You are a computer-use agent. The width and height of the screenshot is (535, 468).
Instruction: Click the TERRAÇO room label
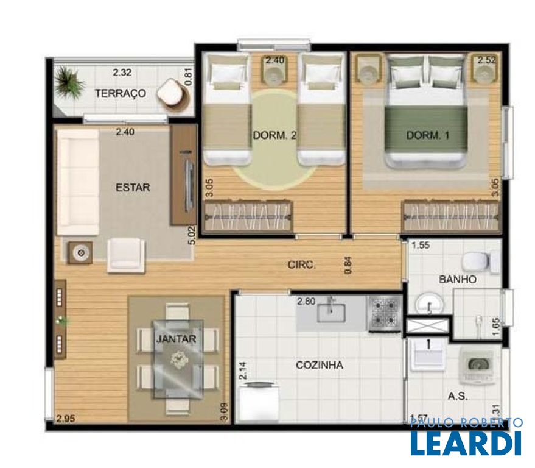(120, 93)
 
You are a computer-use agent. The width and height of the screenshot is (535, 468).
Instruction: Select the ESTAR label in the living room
(133, 187)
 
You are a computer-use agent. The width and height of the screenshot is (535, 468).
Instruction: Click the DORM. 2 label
(274, 135)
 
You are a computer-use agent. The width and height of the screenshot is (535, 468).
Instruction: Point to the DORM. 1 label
(428, 135)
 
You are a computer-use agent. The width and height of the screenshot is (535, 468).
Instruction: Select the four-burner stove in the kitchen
(385, 314)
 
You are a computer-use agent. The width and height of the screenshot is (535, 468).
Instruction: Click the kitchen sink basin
(330, 313)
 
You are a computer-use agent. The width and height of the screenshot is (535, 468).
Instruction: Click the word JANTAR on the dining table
(176, 339)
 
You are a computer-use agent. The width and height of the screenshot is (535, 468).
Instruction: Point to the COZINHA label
(320, 365)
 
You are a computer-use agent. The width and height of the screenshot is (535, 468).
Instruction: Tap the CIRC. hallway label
(302, 264)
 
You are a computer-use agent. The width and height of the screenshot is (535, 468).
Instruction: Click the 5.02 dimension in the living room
(192, 236)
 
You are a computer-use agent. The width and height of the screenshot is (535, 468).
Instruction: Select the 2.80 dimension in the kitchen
(306, 302)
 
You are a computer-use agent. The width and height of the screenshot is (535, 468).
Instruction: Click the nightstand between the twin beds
(274, 70)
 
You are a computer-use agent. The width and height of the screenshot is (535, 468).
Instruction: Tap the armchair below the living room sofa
(126, 255)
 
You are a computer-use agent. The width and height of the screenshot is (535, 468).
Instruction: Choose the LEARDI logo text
(466, 443)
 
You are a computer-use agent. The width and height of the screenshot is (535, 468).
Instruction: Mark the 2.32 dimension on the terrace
(122, 73)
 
